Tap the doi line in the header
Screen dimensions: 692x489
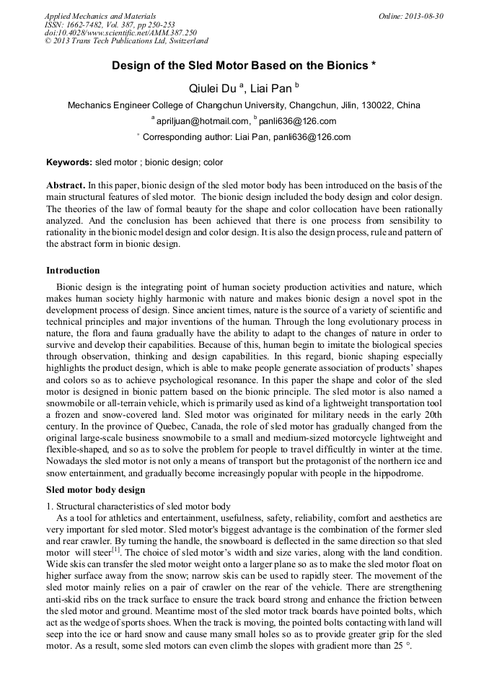[x=120, y=32]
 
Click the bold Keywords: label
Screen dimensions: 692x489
[x=69, y=163]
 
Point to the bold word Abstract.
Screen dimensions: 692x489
[x=66, y=185]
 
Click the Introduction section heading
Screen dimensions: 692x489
[x=73, y=271]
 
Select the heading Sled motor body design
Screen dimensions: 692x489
[x=95, y=489]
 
